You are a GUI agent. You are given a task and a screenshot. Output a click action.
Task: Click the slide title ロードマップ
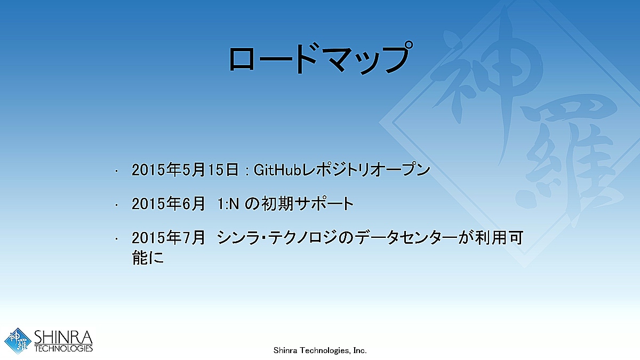[x=321, y=58]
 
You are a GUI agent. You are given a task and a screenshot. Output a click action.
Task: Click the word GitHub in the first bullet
[x=277, y=170]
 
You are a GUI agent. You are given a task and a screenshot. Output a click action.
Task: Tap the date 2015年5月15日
[x=185, y=170]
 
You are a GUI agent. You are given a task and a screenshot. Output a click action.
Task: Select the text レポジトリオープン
[x=366, y=170]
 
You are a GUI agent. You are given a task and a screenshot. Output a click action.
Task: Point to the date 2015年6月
[x=169, y=204]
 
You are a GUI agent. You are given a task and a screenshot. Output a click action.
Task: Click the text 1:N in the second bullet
[x=228, y=204]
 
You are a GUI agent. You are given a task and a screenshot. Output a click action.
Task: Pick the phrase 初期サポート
[x=308, y=204]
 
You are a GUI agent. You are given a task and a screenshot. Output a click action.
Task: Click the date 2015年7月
[x=169, y=238]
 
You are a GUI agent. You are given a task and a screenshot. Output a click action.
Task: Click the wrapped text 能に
[x=148, y=258]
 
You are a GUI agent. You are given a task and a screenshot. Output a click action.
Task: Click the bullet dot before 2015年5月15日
[x=116, y=171]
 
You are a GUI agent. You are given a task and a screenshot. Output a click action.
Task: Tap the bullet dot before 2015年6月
[x=116, y=205]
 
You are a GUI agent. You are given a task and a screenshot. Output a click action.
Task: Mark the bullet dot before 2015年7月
[x=116, y=239]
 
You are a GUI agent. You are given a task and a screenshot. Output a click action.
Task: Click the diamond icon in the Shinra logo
[x=18, y=341]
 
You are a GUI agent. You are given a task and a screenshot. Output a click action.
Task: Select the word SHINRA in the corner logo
[x=63, y=338]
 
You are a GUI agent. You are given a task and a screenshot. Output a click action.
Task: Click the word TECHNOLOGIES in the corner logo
[x=63, y=349]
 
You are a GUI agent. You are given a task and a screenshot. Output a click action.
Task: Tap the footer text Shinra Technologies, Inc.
[x=320, y=350]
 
